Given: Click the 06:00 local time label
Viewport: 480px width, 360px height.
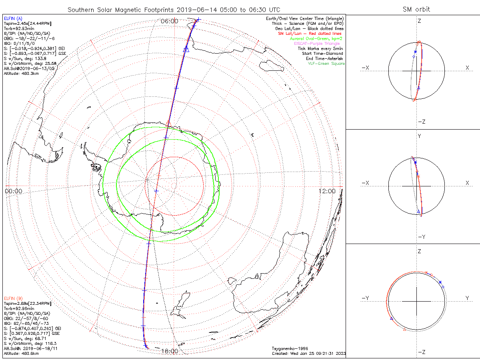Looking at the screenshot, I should click(169, 21).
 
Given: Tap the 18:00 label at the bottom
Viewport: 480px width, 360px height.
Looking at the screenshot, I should click(170, 351).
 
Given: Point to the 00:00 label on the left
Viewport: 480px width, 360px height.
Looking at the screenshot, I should click(13, 191).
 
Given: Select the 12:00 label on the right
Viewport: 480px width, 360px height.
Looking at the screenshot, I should click(327, 191).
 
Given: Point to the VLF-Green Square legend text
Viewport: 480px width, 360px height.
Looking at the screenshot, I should click(326, 64).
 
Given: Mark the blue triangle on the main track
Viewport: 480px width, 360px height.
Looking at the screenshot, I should click(186, 49).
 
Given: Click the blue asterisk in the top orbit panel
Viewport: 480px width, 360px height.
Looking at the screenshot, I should click(415, 52).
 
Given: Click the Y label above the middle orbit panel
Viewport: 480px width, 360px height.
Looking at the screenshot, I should click(419, 136).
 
